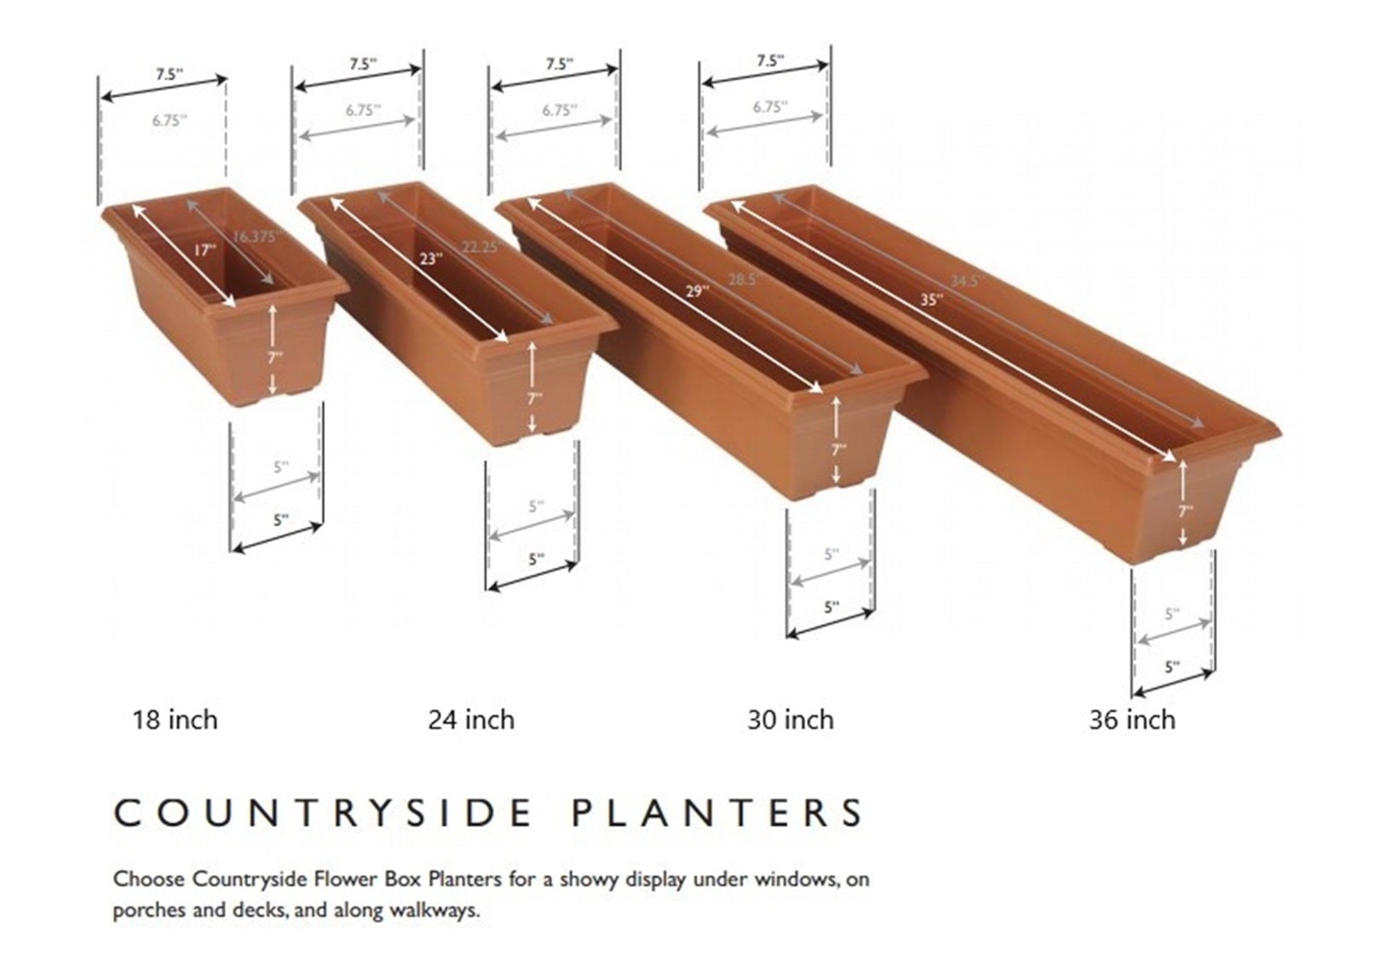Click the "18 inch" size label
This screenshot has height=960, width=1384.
pos(175,720)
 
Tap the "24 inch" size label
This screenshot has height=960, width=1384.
pos(471,720)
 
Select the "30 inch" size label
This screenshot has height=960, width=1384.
pos(790,720)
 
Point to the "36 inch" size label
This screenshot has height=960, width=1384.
pos(1132,720)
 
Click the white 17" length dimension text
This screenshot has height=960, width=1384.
pos(203,250)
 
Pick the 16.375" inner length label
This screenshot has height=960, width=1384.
pos(255,237)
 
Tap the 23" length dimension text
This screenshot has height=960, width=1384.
pos(429,259)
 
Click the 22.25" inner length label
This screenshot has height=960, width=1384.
pos(480,247)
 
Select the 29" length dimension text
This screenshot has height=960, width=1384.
pos(697,290)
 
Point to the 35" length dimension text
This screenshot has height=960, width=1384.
pos(931,299)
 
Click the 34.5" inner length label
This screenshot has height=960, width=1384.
pos(966,281)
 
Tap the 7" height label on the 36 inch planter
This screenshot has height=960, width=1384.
pos(1185,511)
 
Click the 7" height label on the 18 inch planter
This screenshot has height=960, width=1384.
pos(275,357)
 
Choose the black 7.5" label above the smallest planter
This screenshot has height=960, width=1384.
pos(168,74)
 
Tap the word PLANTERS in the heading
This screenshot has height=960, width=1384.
pos(718,813)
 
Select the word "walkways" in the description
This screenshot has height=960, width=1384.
pos(434,910)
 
